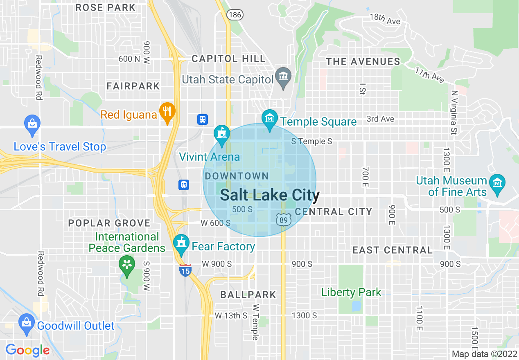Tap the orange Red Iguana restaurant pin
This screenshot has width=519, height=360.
pyautogui.click(x=167, y=111)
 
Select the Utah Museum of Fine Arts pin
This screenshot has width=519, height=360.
pyautogui.click(x=497, y=183)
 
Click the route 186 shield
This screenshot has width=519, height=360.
pyautogui.click(x=236, y=15)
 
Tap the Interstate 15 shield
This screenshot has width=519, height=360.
pyautogui.click(x=185, y=270)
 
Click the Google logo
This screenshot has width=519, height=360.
pyautogui.click(x=27, y=350)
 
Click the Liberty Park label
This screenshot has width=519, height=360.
pyautogui.click(x=351, y=292)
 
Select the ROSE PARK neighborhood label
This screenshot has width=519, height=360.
pyautogui.click(x=106, y=7)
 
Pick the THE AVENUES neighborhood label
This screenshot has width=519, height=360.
pyautogui.click(x=363, y=61)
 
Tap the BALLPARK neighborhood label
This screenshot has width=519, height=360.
pyautogui.click(x=248, y=295)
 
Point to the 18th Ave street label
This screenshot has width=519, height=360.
pyautogui.click(x=385, y=19)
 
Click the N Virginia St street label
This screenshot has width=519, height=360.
pyautogui.click(x=454, y=112)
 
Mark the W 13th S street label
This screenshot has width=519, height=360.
pyautogui.click(x=231, y=315)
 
